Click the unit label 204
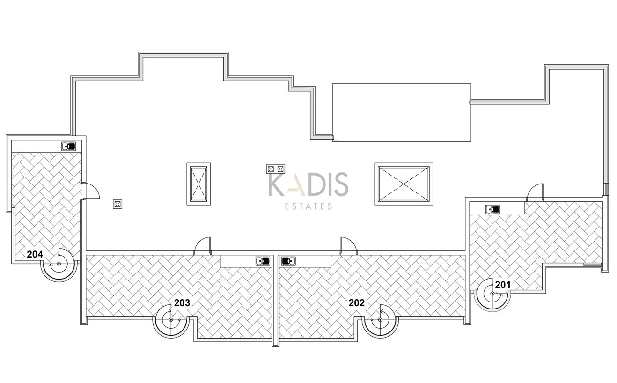pos(35,254)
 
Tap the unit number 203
pos(182,303)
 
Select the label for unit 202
pos(356,303)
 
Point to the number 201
pos(503,285)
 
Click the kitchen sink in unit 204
pos(69,146)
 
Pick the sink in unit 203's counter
pos(263,261)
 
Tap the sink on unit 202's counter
pos(288,261)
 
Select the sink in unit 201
pos(492,209)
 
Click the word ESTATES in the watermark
pos(308,206)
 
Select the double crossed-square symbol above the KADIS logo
pos(275,169)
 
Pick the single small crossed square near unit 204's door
pos(118,204)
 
